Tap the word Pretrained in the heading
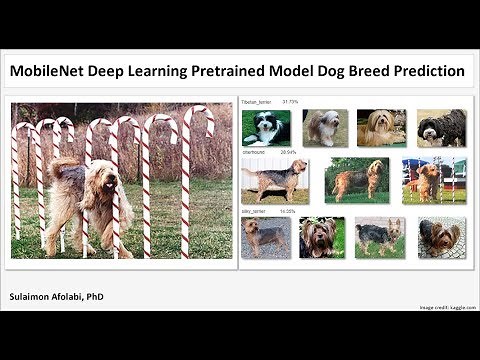point(252,72)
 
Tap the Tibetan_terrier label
point(259,102)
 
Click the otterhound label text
point(257,152)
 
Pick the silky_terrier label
point(256,211)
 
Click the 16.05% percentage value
point(288,211)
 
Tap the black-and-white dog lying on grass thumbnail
point(265,127)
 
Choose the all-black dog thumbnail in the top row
point(441,127)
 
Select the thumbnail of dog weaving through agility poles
point(427,180)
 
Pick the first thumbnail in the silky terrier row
point(265,237)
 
